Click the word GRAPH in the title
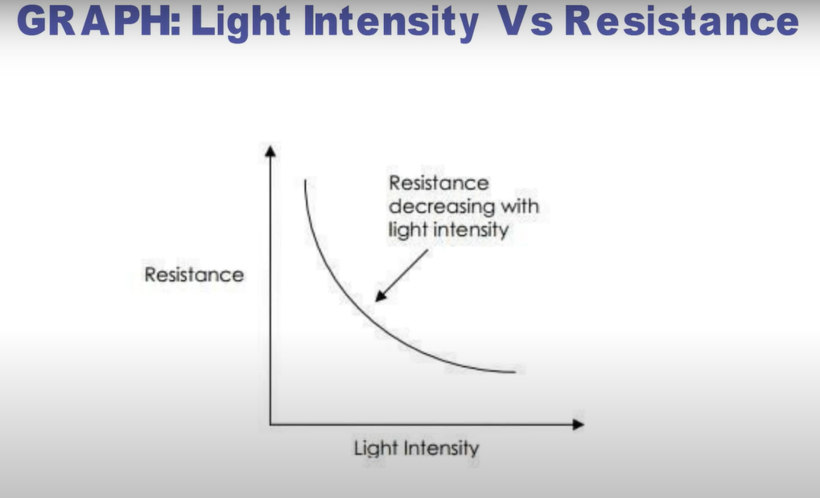point(99,21)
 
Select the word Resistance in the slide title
point(682,21)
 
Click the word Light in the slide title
point(241,23)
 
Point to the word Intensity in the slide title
point(391,23)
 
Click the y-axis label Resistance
point(194,274)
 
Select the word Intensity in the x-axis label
point(441,448)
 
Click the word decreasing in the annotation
point(442,207)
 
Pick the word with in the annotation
point(520,206)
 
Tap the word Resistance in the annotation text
point(439,183)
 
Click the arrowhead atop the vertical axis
point(270,151)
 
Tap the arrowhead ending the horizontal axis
point(578,425)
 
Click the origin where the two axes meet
point(270,424)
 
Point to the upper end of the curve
point(306,180)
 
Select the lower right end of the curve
point(515,372)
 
